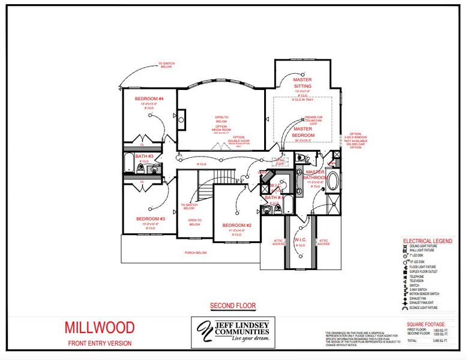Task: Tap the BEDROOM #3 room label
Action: click(146, 218)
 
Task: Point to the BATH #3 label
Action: click(144, 156)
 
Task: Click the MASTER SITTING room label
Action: click(302, 83)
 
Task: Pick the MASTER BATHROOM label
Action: click(315, 175)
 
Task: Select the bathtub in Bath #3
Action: click(130, 163)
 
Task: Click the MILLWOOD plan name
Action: click(100, 328)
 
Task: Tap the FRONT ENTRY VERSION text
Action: click(100, 343)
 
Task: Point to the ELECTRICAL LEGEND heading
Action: click(427, 241)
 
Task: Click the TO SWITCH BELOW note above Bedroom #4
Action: click(165, 64)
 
